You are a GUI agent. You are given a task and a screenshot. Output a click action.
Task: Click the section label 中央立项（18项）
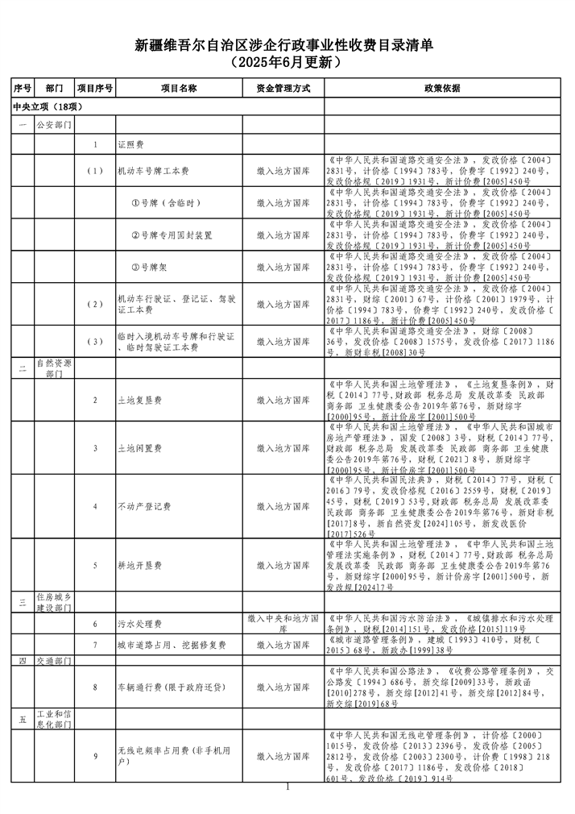[x=48, y=106]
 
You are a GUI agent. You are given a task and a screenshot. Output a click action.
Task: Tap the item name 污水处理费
[x=140, y=624]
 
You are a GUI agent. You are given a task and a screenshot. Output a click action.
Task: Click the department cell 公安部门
[x=54, y=126]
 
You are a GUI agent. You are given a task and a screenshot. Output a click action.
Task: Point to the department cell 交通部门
[x=54, y=661]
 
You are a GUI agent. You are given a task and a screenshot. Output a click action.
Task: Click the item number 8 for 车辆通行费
[x=95, y=687]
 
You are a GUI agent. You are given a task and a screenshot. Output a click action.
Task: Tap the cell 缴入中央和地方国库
[x=283, y=624]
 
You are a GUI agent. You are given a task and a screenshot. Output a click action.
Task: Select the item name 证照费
[x=130, y=145]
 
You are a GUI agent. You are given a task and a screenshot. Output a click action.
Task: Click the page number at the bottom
[x=287, y=787]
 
